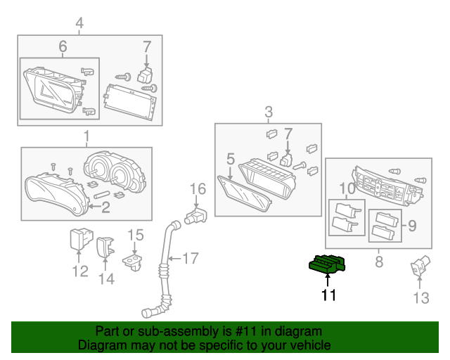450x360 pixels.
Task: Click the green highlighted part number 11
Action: click(327, 264)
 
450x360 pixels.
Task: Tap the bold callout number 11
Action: click(328, 296)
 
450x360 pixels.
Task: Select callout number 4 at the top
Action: click(79, 23)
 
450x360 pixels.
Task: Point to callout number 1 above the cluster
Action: click(86, 136)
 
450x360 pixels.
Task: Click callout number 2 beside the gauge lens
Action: click(106, 207)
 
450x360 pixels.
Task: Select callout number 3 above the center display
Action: click(268, 111)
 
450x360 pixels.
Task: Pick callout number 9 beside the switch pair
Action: click(347, 188)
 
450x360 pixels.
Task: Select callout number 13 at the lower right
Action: click(420, 299)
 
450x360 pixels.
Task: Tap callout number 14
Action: click(105, 278)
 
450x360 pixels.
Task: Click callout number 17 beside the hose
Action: click(191, 258)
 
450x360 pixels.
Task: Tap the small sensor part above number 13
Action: click(419, 266)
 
